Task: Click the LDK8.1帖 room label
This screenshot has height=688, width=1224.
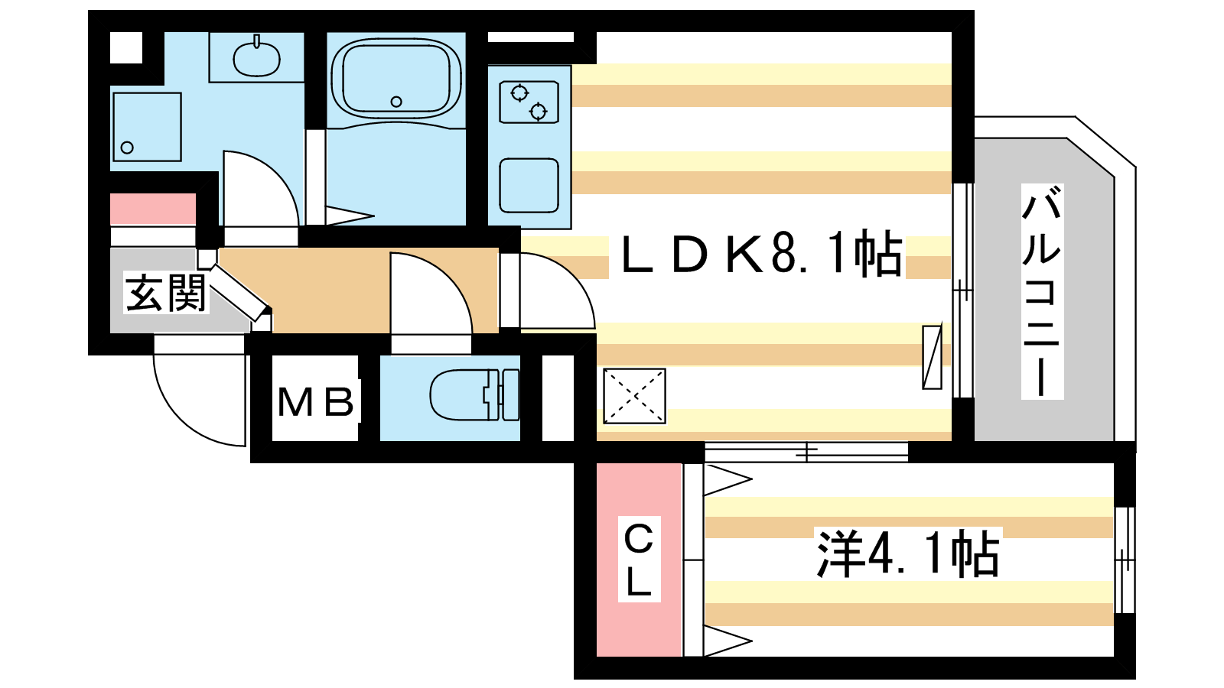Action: [761, 252]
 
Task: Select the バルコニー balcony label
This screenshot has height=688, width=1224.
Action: [1042, 291]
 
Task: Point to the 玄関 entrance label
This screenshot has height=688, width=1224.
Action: [165, 293]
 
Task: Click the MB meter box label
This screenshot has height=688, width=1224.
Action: [316, 402]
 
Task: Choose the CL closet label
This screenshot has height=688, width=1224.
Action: [639, 559]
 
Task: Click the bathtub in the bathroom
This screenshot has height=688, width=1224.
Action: [397, 79]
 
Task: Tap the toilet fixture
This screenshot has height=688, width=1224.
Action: [474, 394]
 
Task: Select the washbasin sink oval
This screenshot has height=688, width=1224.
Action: [257, 58]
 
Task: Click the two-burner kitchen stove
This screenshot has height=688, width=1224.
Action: [529, 102]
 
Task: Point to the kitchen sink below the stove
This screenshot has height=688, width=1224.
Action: [529, 185]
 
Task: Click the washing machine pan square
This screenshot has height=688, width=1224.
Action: [147, 127]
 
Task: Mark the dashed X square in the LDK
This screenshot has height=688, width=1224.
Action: [634, 396]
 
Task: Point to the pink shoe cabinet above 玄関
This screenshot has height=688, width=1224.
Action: [153, 209]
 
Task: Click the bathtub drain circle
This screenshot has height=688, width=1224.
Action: [397, 102]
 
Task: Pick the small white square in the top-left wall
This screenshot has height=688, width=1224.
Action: [126, 48]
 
